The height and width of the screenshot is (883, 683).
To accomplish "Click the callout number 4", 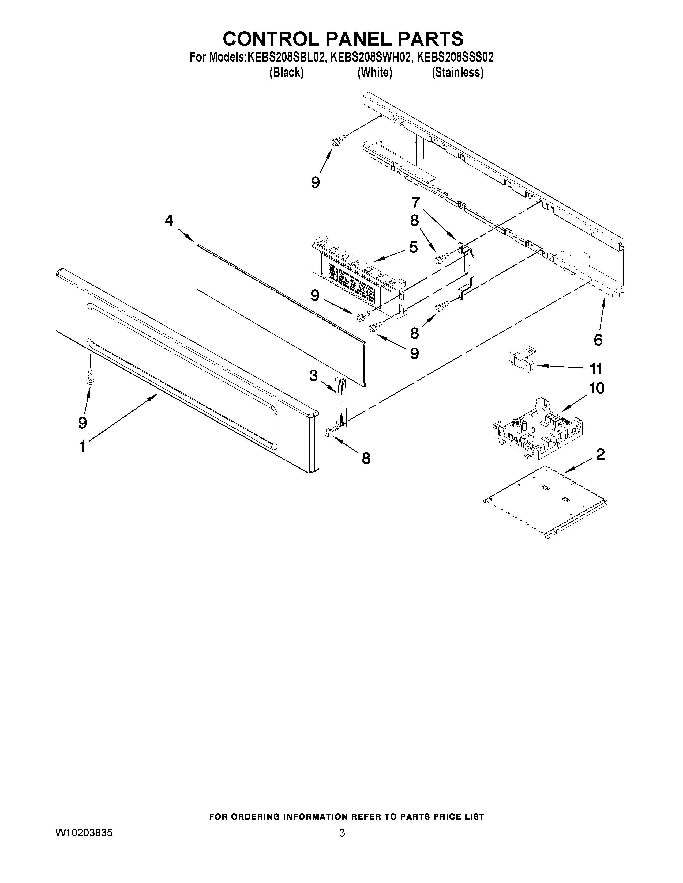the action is (x=169, y=221).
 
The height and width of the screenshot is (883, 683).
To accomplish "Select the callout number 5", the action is (x=413, y=247).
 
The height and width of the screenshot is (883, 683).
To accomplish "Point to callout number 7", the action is (x=415, y=202).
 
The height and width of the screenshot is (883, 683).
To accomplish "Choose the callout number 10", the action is (x=597, y=388).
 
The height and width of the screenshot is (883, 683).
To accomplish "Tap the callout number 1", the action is (x=82, y=447).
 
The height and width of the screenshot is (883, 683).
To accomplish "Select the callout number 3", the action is (x=313, y=376).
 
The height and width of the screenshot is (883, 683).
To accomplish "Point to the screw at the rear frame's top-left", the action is (x=338, y=140).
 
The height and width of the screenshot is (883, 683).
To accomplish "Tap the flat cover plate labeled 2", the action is (x=544, y=502).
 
